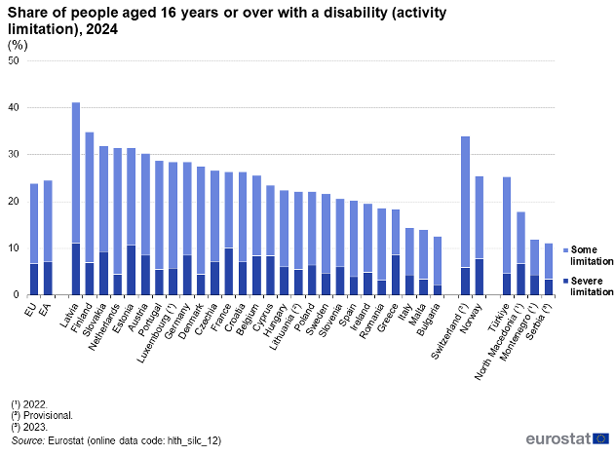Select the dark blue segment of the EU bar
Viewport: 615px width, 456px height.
click(x=34, y=279)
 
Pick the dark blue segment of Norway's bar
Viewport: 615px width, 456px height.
click(x=480, y=277)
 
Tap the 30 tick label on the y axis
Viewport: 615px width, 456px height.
click(x=13, y=155)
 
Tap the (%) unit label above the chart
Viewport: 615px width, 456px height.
click(x=19, y=46)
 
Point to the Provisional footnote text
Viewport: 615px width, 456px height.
click(x=46, y=413)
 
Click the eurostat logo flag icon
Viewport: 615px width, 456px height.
click(x=600, y=438)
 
